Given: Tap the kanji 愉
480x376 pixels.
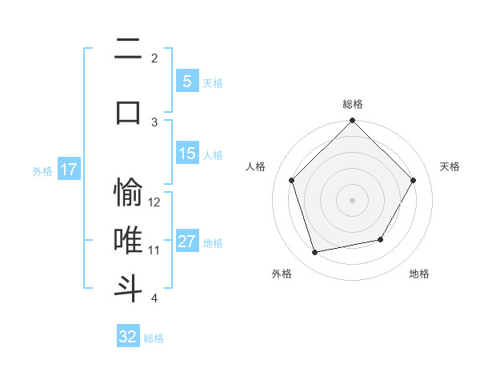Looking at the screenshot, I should (x=128, y=192).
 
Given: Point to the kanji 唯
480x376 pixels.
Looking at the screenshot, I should (x=128, y=240).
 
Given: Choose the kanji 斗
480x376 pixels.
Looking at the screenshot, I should (x=128, y=287).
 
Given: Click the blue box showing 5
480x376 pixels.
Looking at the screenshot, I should (x=186, y=81).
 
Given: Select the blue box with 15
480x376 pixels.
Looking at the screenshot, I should (x=186, y=154).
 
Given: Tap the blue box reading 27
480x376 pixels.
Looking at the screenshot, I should (x=186, y=242).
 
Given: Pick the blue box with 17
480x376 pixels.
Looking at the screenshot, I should (x=68, y=170).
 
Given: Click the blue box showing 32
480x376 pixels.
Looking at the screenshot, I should (x=128, y=337).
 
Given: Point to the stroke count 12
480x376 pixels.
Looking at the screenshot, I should (x=155, y=202).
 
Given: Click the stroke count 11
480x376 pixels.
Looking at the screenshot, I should (x=155, y=250).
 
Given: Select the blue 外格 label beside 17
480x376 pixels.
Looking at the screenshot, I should (x=42, y=170).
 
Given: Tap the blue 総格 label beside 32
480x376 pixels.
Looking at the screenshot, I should (x=154, y=338).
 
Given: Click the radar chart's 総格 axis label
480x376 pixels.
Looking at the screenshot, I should (x=353, y=104).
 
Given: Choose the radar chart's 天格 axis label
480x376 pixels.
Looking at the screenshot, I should (x=450, y=166).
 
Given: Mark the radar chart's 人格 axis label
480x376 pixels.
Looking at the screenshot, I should (x=255, y=166).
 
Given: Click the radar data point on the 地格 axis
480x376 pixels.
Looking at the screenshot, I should (x=381, y=239).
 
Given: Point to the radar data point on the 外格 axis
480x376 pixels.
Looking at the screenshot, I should (x=315, y=253).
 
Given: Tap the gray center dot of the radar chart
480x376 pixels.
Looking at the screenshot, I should (x=352, y=199).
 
